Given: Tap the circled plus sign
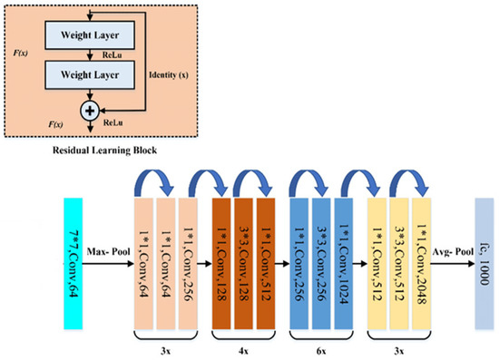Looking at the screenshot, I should pos(89,109).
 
